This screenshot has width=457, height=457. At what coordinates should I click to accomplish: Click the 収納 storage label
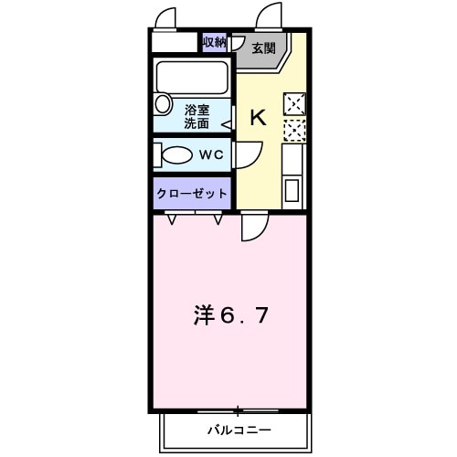point(214,42)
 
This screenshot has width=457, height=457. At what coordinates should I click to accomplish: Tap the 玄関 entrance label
point(264,48)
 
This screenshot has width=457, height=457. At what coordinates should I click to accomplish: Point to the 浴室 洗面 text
point(197,115)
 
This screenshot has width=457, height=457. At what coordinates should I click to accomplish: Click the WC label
point(212,154)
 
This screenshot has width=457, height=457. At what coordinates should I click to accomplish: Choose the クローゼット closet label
point(192,194)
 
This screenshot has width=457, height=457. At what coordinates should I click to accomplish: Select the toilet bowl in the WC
point(175,154)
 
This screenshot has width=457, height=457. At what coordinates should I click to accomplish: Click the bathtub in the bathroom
point(193,74)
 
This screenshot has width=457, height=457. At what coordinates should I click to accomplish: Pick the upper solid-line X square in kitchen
point(294,103)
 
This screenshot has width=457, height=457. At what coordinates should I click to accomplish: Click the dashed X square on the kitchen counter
point(294,130)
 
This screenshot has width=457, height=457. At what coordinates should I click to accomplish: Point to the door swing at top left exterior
point(165,18)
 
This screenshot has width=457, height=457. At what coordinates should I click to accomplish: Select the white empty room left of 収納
point(175,43)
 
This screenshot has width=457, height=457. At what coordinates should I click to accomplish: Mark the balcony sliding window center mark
point(238,409)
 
